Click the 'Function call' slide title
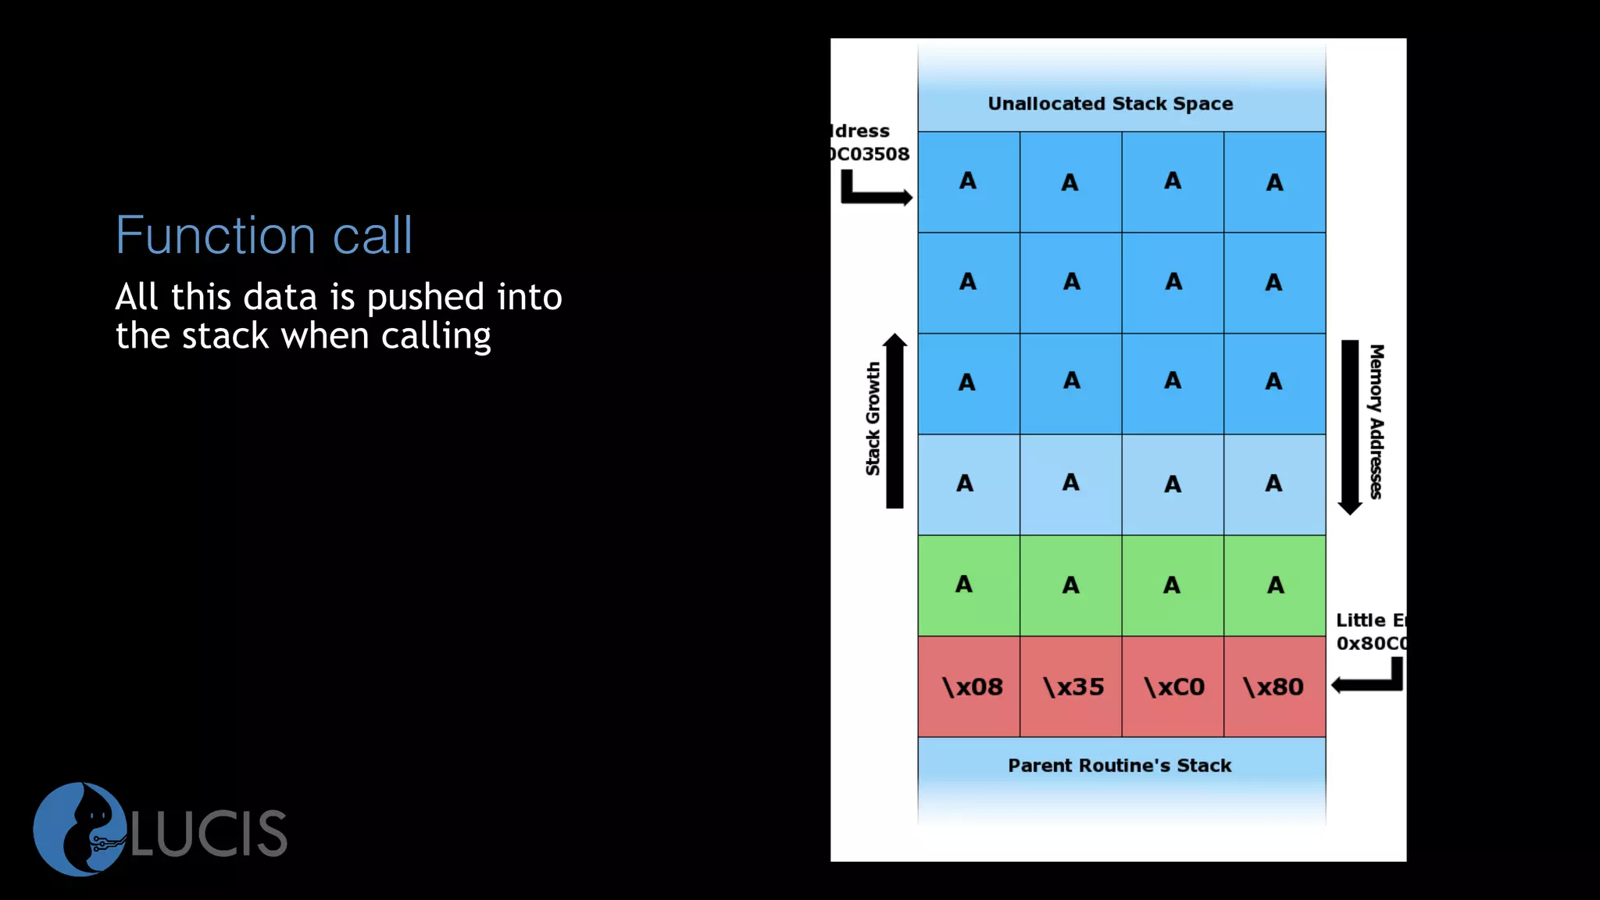tap(264, 235)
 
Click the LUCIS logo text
tap(209, 834)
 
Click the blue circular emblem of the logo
tap(78, 829)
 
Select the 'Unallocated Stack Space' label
tap(1110, 104)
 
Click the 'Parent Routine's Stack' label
tap(1120, 766)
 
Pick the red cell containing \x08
tap(970, 687)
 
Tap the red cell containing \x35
tap(1071, 687)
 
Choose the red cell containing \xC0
tap(1173, 687)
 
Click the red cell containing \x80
tap(1274, 687)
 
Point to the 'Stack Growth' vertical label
tap(873, 419)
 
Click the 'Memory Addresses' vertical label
tap(1377, 421)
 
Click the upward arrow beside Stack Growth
tap(895, 421)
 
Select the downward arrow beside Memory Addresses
tap(1350, 427)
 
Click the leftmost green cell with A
tap(969, 585)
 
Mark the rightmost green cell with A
tap(1274, 585)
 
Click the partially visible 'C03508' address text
tap(870, 154)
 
